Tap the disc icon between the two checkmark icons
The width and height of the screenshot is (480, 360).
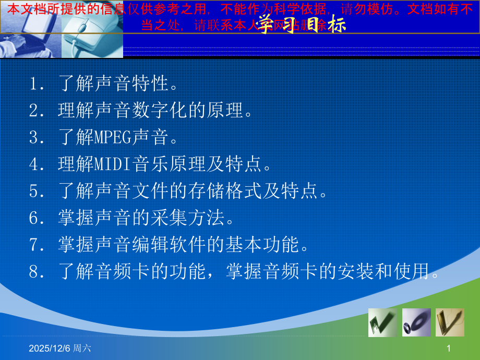pos(416,322)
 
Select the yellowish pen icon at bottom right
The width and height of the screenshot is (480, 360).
pos(450,322)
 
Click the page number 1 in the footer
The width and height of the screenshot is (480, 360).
pos(448,348)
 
